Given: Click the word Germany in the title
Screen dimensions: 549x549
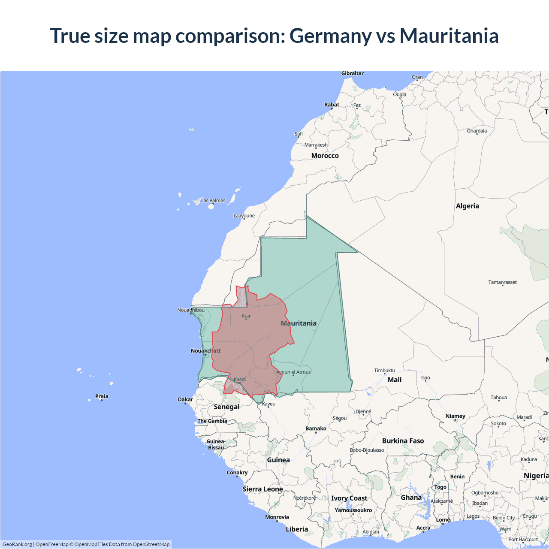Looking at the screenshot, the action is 330,36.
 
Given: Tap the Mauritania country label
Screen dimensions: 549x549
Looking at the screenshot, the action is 299,323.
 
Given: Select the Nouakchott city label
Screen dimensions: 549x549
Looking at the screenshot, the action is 205,351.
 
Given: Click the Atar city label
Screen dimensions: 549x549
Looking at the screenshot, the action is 246,316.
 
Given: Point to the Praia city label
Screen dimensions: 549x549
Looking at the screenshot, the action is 102,396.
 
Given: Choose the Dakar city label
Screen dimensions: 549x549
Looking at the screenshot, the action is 185,399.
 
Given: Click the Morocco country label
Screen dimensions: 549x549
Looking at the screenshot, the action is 325,156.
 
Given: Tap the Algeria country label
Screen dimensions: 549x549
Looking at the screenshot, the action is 467,206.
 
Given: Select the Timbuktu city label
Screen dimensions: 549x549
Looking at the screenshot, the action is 384,371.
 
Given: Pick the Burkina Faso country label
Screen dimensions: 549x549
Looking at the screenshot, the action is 403,441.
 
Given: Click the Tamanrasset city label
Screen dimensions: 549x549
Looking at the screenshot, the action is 502,282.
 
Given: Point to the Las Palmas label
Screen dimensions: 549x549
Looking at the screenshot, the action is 213,200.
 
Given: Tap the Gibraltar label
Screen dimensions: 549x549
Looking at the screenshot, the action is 352,73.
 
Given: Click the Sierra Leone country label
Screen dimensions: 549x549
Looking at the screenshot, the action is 262,489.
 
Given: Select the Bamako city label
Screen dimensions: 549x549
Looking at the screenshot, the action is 316,428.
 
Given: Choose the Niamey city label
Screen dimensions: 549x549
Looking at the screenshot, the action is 455,416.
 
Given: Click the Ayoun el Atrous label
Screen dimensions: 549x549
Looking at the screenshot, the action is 293,372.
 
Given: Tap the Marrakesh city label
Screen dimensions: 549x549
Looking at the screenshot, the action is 316,145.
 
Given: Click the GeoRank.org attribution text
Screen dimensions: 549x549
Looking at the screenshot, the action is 17,544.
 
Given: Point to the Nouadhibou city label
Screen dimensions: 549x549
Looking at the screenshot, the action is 191,310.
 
